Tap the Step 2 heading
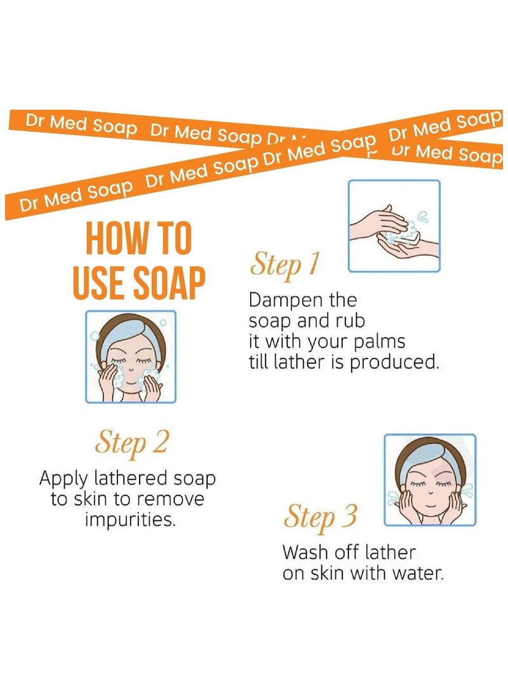click(131, 442)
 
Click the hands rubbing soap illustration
click(394, 226)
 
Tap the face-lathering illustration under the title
click(131, 356)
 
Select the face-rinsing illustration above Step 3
click(430, 480)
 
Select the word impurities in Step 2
click(130, 520)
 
